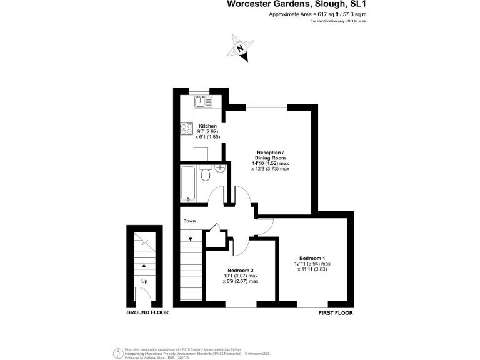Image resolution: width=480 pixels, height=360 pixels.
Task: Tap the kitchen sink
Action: (203, 102)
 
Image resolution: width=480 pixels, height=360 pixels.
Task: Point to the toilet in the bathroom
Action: (204, 173)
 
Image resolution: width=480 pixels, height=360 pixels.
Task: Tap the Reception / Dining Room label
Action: (271, 155)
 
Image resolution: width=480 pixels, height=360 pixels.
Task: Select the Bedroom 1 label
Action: (312, 258)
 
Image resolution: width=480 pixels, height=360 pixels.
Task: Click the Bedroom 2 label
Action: (241, 270)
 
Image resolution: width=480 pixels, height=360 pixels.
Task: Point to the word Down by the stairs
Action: (189, 221)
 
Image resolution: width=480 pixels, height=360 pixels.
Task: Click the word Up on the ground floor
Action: (144, 281)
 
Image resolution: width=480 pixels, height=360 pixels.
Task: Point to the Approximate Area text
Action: (317, 14)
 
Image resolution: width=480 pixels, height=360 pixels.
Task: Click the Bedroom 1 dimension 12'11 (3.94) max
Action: (312, 264)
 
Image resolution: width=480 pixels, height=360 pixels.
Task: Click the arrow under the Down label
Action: (189, 235)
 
